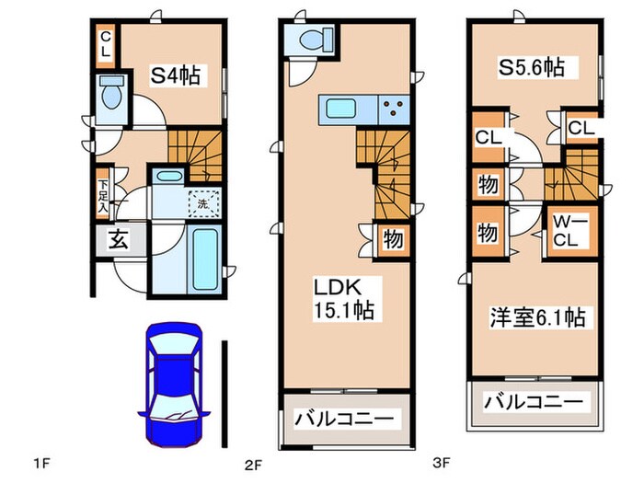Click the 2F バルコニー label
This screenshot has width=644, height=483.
pyautogui.click(x=344, y=419)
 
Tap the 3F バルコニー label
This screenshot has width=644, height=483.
pyautogui.click(x=534, y=402)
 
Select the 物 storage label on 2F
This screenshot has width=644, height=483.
pyautogui.click(x=392, y=240)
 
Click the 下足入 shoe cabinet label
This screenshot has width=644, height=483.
pyautogui.click(x=103, y=195)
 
